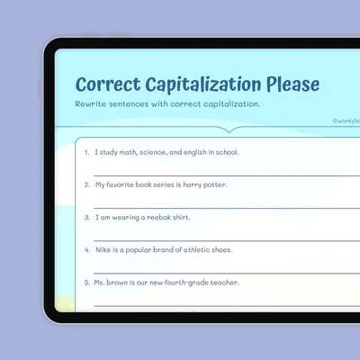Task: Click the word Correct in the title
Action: (x=108, y=84)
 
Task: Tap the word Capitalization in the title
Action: (x=203, y=85)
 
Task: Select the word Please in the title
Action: (x=292, y=84)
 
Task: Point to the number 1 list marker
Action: (x=87, y=152)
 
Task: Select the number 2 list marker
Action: (x=87, y=184)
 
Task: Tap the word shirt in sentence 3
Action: (x=182, y=218)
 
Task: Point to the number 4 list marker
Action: (x=87, y=250)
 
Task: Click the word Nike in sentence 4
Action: (x=103, y=250)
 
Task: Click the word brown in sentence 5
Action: (x=117, y=283)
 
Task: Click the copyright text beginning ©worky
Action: (x=346, y=121)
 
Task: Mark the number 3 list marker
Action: (x=87, y=218)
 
